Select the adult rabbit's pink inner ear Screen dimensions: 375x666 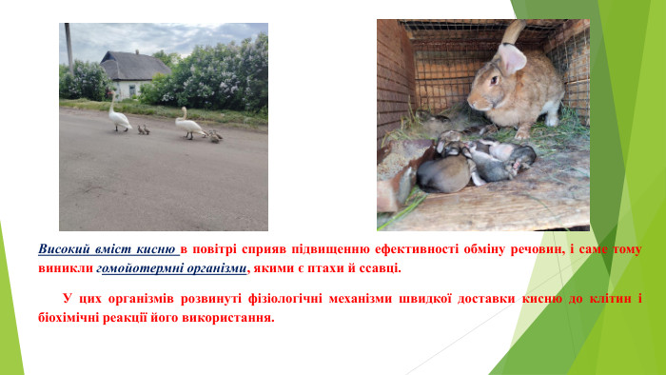(512, 59)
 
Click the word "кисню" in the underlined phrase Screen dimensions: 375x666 (157, 249)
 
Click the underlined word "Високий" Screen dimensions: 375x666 (64, 249)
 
